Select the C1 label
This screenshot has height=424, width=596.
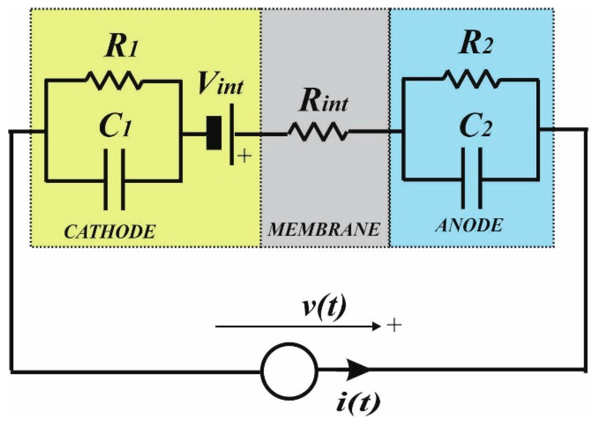[115, 127]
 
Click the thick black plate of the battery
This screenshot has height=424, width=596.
[214, 133]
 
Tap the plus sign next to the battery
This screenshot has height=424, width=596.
[245, 156]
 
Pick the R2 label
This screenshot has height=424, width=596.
[476, 44]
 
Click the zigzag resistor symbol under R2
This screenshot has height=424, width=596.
[471, 79]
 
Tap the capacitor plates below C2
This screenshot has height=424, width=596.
[471, 178]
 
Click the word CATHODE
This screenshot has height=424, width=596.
[110, 232]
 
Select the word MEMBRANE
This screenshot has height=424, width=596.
[324, 229]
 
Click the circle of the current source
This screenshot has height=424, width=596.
[289, 371]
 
